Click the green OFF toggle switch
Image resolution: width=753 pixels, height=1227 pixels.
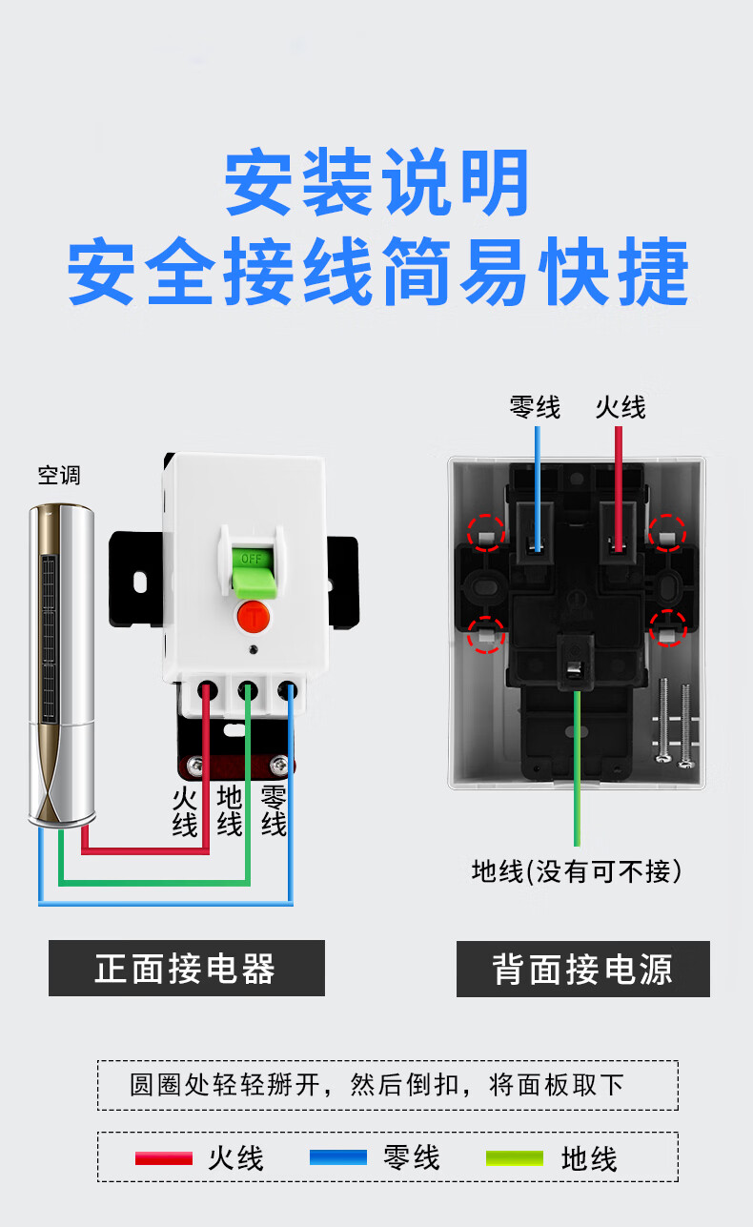coord(252,568)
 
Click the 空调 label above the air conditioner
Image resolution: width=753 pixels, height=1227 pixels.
coord(59,475)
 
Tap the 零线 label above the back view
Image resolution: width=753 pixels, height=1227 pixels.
coord(536,407)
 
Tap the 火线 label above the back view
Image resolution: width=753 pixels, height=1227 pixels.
coord(621,407)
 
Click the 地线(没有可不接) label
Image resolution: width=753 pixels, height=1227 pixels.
coord(577,870)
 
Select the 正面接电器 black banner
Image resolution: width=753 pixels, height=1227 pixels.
coord(187,969)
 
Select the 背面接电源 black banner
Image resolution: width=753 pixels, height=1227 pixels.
coord(582,970)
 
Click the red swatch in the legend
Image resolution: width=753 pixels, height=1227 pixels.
coord(164,1158)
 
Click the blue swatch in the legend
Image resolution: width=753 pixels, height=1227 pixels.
coord(338,1158)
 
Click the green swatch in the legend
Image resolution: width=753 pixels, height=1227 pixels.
coord(515,1158)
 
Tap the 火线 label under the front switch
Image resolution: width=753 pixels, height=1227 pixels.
coord(185,810)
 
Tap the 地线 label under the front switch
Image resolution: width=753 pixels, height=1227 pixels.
coord(230,810)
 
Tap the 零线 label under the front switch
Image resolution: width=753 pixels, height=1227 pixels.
coord(274,810)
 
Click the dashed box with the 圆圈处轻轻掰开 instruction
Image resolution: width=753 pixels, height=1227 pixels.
coord(387,1085)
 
